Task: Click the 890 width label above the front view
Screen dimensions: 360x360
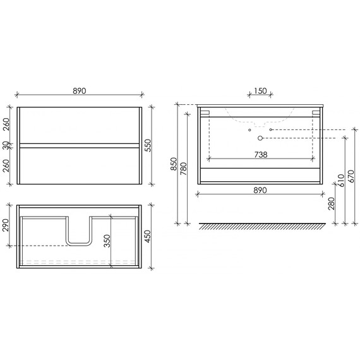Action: point(79,92)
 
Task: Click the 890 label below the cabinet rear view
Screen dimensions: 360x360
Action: point(260,190)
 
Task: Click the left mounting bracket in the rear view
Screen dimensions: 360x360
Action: point(205,112)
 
